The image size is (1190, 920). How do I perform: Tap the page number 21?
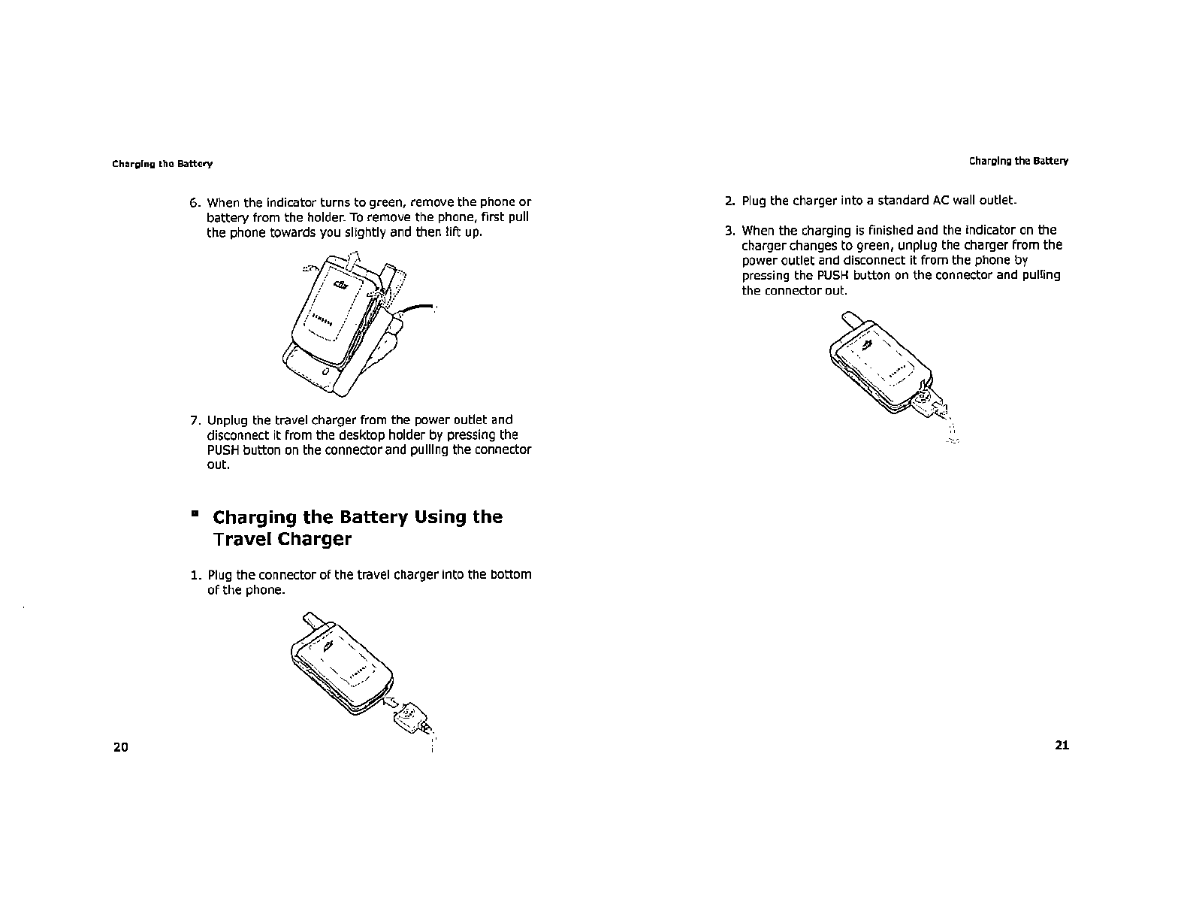(1062, 745)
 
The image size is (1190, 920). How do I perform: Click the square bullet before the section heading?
(195, 515)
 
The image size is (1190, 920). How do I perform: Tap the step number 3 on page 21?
(729, 231)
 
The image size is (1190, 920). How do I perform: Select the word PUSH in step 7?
(222, 450)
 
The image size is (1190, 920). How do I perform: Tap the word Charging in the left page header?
(128, 164)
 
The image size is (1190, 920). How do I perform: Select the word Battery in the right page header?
(1050, 161)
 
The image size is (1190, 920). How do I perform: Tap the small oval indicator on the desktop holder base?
(325, 372)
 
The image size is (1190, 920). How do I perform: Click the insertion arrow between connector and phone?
(391, 702)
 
